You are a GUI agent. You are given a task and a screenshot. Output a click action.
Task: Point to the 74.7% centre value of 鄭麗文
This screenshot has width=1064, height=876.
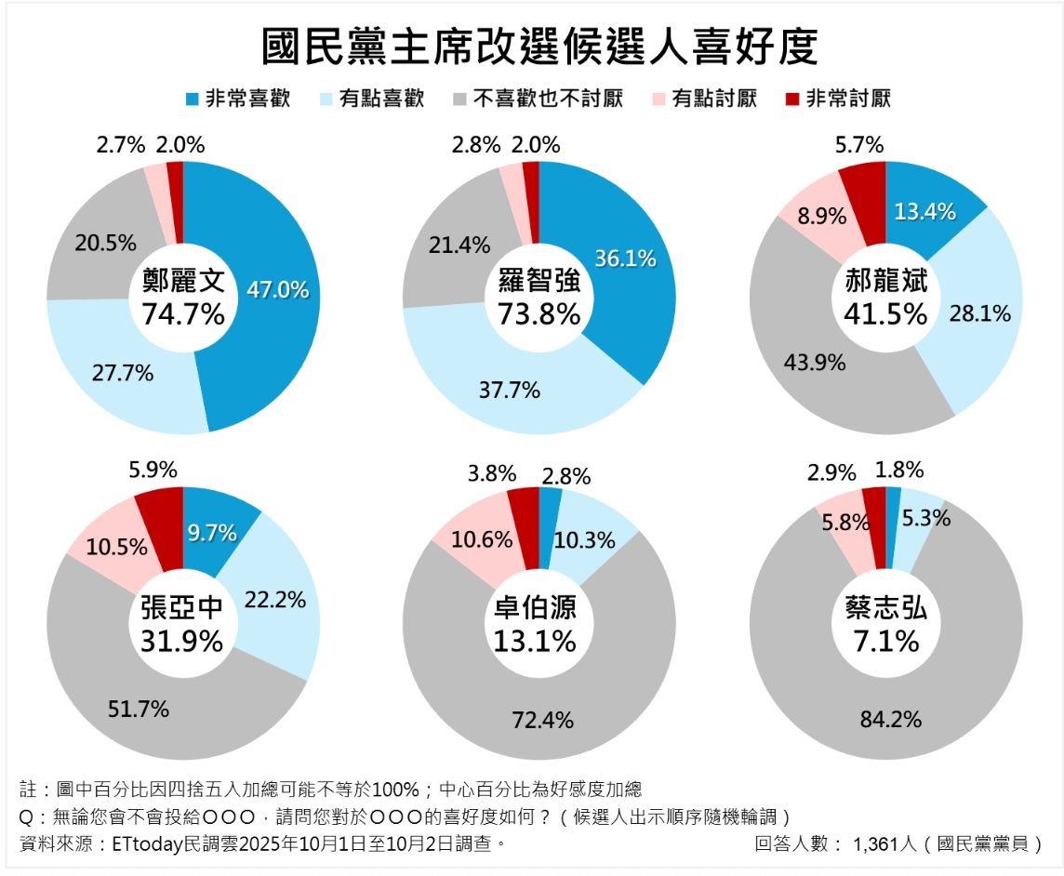183,314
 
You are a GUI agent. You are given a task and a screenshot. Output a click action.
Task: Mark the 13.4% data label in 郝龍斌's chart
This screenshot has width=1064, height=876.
924,211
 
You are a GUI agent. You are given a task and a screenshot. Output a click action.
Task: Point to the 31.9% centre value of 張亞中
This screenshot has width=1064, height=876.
182,641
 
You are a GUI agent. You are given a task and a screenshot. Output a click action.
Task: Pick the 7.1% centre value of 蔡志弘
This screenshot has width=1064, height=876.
886,641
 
